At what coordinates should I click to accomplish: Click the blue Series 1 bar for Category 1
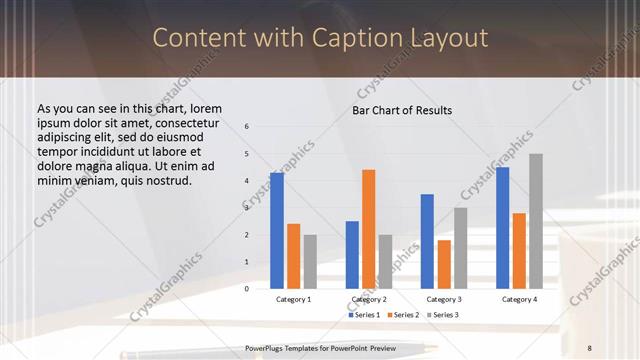(x=276, y=231)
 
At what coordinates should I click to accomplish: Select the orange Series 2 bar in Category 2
(x=368, y=229)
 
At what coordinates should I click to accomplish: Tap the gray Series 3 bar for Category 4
(x=536, y=221)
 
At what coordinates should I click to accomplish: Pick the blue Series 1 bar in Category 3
(x=427, y=241)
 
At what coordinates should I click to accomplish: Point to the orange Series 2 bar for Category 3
(x=444, y=264)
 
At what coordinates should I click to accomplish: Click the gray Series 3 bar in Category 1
(x=309, y=261)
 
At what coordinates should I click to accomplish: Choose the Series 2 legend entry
(x=403, y=315)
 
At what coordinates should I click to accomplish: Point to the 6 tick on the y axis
(x=247, y=127)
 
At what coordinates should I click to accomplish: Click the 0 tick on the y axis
(x=247, y=289)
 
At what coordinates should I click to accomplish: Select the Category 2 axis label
(x=369, y=299)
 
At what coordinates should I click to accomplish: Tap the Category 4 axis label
(x=519, y=299)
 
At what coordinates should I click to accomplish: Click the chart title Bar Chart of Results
(x=402, y=110)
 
